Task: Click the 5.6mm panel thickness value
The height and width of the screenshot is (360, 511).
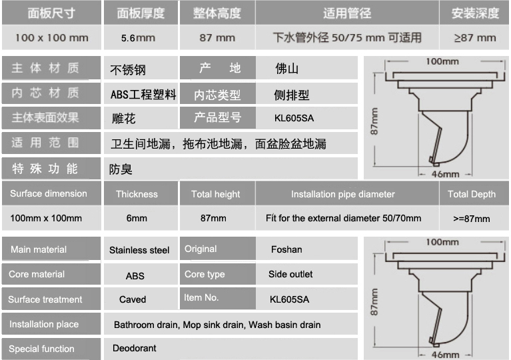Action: pos(138,37)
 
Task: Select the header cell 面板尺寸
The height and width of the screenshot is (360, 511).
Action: pos(51,13)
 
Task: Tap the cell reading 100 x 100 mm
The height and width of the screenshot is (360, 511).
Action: pos(51,37)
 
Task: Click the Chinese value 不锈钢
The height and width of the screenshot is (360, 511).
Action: pos(128,69)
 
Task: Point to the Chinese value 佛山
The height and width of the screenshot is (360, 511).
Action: pos(286,69)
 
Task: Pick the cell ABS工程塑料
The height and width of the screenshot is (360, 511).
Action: pos(143,95)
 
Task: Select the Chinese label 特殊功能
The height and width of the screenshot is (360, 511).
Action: pos(45,169)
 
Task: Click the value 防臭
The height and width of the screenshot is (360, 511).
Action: pos(121,169)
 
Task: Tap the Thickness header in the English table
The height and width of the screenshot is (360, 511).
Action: pos(137,194)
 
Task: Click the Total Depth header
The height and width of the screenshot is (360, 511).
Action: pos(471,194)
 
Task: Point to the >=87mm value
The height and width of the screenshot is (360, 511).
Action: pos(471,218)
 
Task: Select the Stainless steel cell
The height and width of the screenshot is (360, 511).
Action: pos(139,251)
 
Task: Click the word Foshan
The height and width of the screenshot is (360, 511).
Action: pos(286,249)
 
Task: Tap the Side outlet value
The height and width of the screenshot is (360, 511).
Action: pos(290,274)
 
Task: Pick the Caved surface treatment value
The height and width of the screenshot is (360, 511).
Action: pos(133,299)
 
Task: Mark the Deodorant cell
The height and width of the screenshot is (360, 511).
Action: pos(135,348)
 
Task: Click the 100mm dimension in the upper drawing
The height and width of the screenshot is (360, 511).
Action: pos(442,61)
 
